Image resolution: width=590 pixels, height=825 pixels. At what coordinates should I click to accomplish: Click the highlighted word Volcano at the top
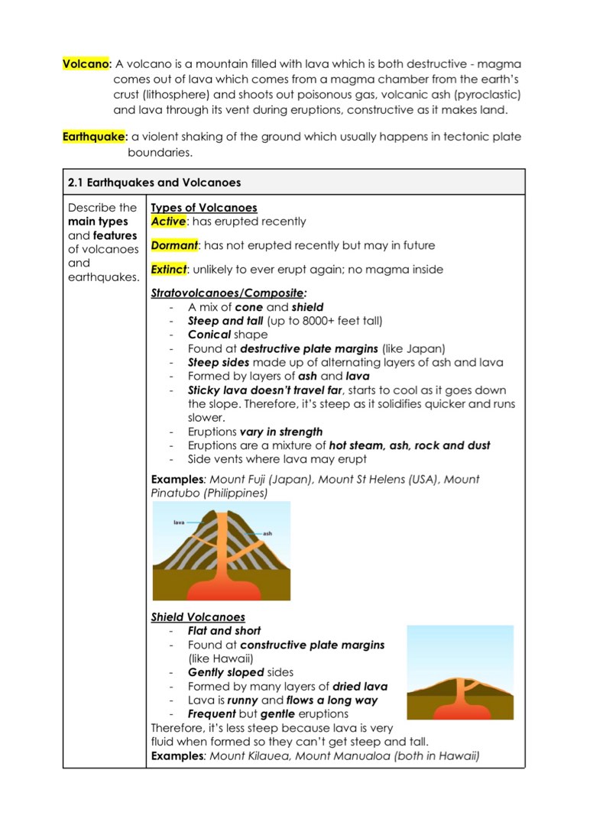(86, 64)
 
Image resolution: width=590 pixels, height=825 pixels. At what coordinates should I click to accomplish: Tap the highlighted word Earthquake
(93, 137)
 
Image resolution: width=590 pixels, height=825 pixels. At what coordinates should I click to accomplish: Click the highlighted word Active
(168, 222)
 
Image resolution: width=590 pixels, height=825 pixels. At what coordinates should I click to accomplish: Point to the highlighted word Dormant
(174, 245)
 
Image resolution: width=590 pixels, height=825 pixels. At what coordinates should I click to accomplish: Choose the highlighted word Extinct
(169, 269)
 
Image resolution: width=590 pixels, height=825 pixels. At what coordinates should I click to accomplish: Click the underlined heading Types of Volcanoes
(204, 208)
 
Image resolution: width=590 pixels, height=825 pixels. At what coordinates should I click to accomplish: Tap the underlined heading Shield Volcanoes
(198, 617)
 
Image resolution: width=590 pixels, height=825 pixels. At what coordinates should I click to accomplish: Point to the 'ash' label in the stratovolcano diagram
(267, 532)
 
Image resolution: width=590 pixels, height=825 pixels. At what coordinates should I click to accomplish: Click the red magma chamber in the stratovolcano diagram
(221, 589)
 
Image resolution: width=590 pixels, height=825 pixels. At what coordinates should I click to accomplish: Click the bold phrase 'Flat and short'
(224, 631)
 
